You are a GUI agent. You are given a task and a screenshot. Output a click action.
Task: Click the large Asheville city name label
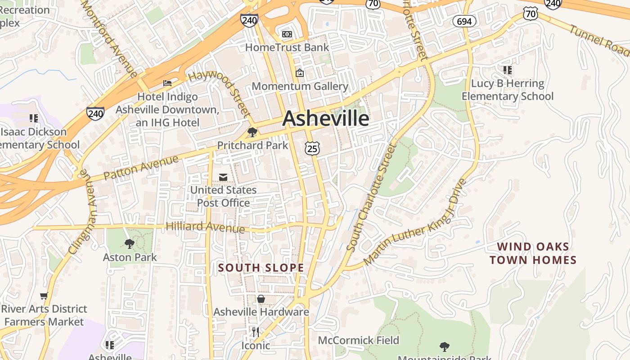pyautogui.click(x=326, y=119)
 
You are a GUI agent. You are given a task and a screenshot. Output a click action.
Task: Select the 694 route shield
pyautogui.click(x=464, y=21)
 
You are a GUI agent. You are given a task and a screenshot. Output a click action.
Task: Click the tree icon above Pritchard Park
pyautogui.click(x=252, y=132)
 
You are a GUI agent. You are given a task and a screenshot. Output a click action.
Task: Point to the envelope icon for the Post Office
pyautogui.click(x=223, y=177)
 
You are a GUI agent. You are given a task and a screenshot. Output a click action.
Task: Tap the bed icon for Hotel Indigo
pyautogui.click(x=167, y=83)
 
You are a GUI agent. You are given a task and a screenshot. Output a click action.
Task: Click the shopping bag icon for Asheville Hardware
pyautogui.click(x=261, y=299)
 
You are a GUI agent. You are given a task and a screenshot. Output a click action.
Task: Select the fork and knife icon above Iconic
pyautogui.click(x=255, y=332)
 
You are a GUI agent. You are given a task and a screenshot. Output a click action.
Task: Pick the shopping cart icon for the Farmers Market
pyautogui.click(x=44, y=296)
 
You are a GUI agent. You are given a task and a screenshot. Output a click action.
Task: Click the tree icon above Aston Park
pyautogui.click(x=130, y=244)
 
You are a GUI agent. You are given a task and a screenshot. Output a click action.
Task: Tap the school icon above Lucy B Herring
pyautogui.click(x=507, y=70)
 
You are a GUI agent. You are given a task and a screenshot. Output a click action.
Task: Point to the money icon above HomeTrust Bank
pyautogui.click(x=287, y=34)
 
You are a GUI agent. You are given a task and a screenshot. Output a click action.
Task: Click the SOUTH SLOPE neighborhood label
pyautogui.click(x=261, y=268)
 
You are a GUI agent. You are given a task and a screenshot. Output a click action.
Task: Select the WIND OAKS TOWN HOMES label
pyautogui.click(x=533, y=253)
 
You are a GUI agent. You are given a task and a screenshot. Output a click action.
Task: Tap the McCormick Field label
pyautogui.click(x=359, y=340)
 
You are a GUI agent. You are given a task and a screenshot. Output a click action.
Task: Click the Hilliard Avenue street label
pyautogui.click(x=205, y=227)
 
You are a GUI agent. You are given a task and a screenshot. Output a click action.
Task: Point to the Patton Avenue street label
pyautogui.click(x=141, y=167)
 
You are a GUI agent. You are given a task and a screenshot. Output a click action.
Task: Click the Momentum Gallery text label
pyautogui.click(x=300, y=86)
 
